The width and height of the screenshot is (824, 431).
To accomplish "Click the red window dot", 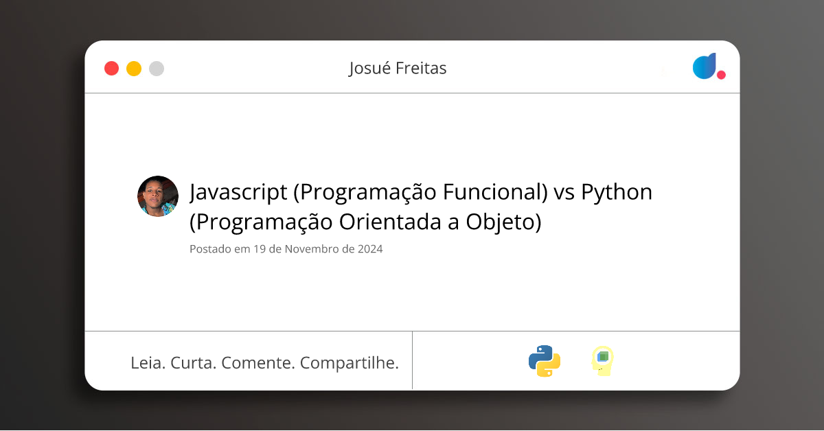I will (x=111, y=69).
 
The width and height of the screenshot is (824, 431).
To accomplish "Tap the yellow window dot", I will (x=134, y=69).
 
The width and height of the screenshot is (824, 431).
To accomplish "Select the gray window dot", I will (x=157, y=69).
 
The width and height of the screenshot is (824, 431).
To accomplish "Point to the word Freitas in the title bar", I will (x=422, y=69).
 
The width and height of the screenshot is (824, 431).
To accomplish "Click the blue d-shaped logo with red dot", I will (x=708, y=67).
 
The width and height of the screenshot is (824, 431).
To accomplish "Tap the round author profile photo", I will (x=158, y=196).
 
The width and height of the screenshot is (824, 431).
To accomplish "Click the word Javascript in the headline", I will (x=238, y=193).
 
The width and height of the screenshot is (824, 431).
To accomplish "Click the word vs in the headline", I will (x=564, y=193).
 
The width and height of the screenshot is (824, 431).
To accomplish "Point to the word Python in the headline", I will (x=617, y=193).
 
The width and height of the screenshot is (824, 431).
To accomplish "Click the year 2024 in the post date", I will (x=369, y=249).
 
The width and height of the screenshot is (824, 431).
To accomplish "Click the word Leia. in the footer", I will (x=148, y=362).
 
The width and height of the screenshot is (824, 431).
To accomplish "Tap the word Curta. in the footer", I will (x=193, y=362).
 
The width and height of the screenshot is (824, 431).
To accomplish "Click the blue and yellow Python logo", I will (x=545, y=361).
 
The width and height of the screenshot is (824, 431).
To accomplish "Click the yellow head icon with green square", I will (x=602, y=360).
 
